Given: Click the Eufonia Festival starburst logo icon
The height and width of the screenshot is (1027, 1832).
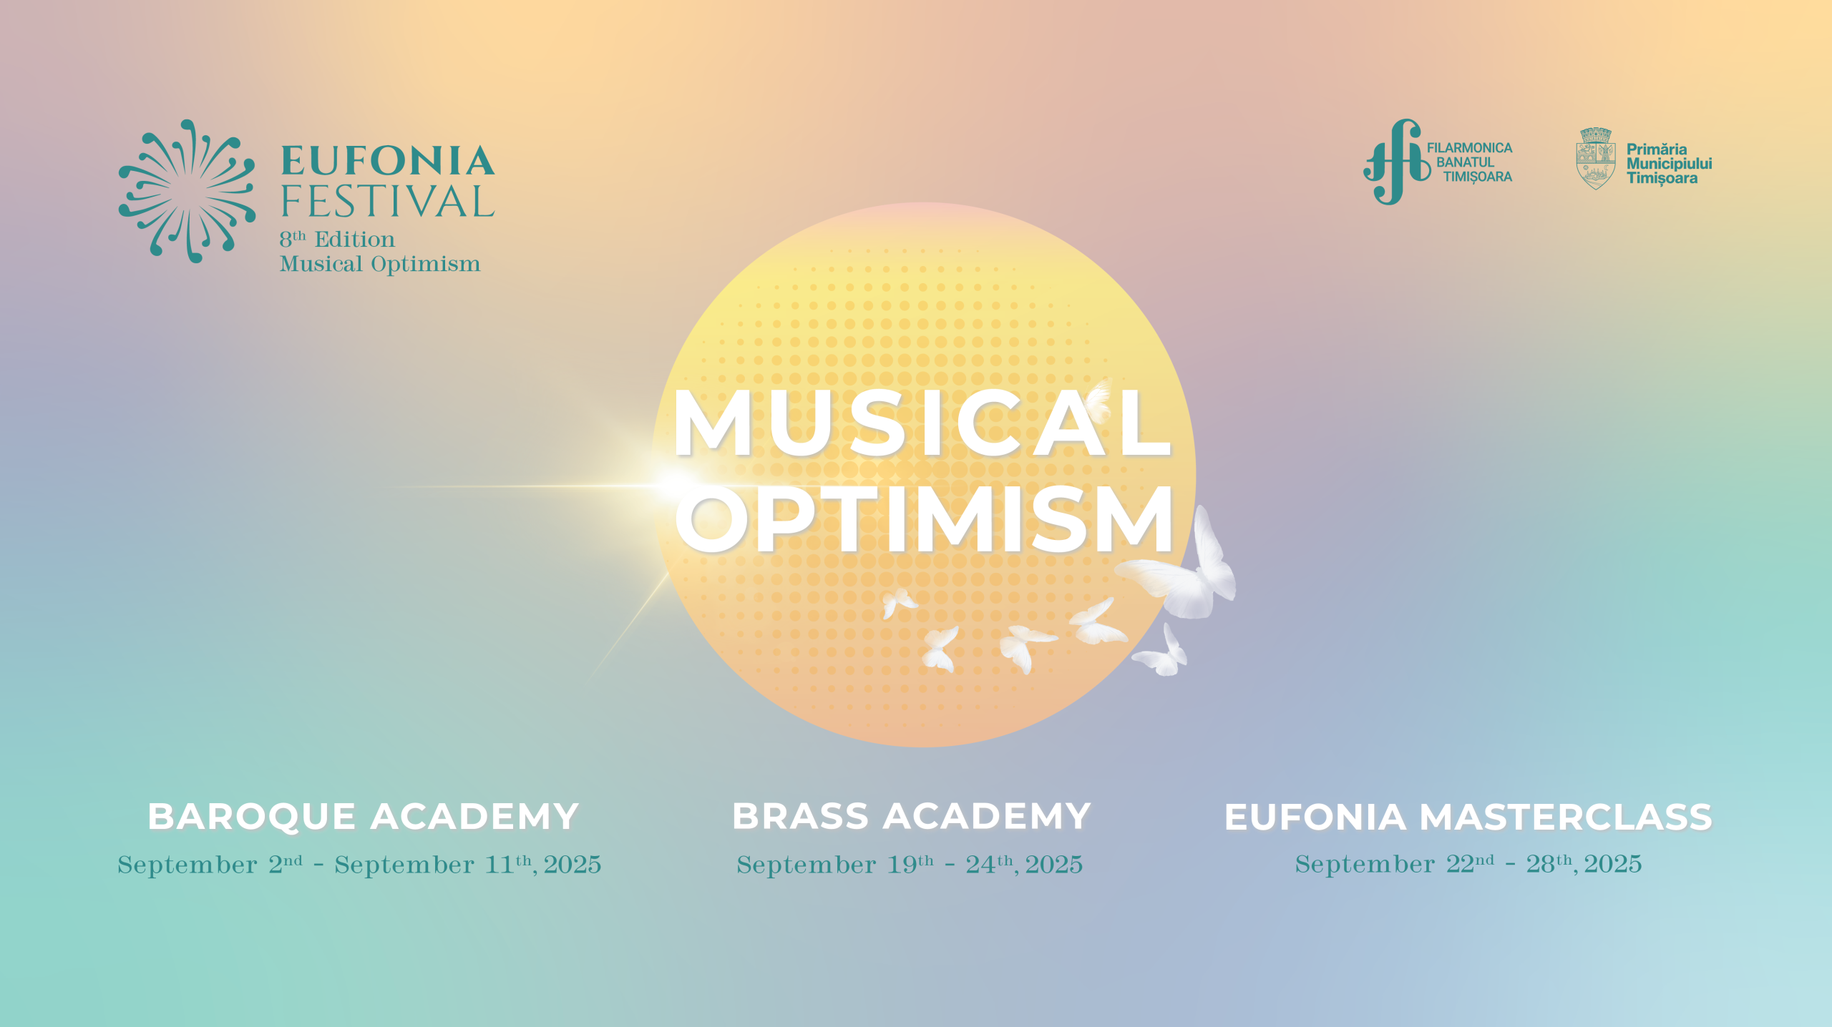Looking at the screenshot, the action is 187,191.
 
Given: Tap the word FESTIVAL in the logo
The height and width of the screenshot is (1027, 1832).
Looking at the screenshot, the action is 387,201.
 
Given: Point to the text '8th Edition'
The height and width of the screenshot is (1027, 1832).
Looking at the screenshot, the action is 337,239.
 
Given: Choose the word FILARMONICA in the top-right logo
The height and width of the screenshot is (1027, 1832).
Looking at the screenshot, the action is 1469,148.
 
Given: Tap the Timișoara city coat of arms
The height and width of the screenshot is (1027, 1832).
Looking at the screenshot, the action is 1596,159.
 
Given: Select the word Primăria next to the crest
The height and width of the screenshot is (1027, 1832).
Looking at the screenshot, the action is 1657,149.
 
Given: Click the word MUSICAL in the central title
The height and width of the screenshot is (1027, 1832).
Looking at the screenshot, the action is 922,423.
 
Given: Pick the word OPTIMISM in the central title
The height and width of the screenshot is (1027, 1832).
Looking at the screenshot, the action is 924,519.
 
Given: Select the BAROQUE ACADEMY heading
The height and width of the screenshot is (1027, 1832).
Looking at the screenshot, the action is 363,816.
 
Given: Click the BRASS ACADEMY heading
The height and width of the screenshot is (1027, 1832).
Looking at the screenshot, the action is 911,816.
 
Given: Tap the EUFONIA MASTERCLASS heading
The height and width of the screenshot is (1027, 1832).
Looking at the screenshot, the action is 1468,817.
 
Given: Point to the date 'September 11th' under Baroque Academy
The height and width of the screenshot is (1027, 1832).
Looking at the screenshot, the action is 434,865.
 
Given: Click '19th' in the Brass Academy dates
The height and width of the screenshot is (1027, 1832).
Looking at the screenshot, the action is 910,864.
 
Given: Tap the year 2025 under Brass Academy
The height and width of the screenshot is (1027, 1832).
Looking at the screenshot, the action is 1053,865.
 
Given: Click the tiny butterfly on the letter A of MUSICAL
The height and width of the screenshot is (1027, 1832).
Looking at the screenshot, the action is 1099,395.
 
